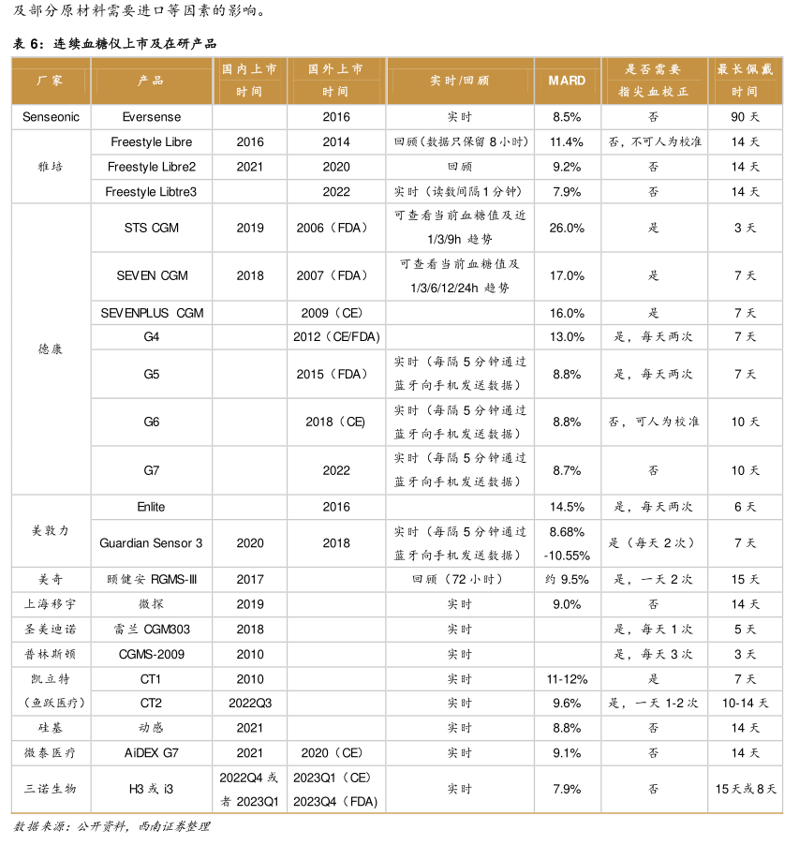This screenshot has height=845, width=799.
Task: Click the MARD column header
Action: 567,81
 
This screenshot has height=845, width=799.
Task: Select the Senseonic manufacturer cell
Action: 51,117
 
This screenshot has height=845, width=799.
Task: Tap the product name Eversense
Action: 152,117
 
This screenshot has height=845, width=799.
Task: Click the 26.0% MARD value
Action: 567,228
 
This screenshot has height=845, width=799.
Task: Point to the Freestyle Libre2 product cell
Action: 152,167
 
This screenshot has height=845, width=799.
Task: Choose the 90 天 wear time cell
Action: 745,117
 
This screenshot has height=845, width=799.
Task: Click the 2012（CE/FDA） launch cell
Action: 335,336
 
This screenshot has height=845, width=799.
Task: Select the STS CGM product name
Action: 152,228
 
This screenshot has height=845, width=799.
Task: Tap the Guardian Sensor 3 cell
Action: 152,543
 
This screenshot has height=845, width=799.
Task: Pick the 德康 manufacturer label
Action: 51,348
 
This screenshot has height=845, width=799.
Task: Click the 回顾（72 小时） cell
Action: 459,580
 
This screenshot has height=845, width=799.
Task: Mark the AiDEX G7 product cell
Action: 152,752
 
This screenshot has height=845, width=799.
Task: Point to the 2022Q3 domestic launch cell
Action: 250,703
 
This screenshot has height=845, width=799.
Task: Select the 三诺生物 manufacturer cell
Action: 51,789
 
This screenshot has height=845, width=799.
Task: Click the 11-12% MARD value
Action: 567,678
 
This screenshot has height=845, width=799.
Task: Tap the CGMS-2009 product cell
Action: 152,654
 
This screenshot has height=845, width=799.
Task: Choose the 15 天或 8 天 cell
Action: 745,789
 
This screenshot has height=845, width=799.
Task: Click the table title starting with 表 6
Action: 118,43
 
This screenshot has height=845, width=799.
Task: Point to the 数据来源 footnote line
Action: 111,826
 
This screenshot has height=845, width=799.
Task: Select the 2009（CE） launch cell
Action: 335,312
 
